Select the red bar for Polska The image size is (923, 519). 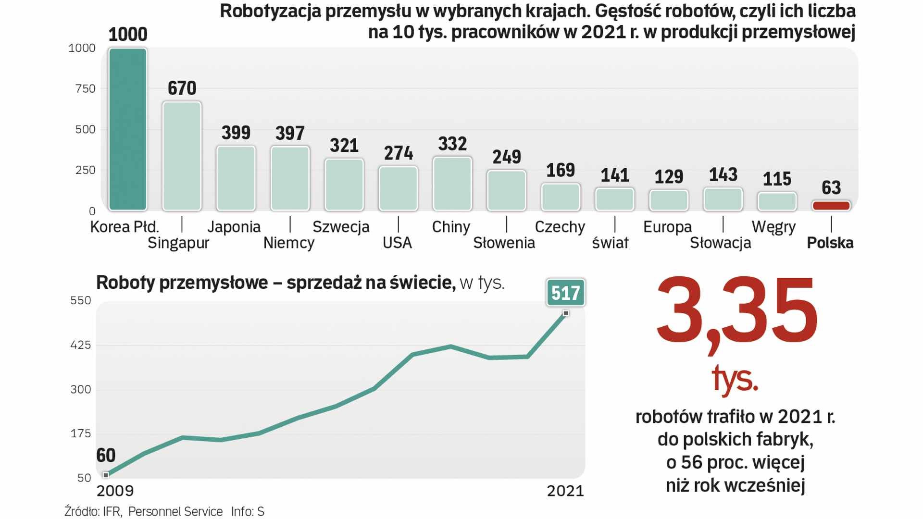831,206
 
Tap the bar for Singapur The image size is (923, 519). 182,156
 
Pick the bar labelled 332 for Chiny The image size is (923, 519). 452,184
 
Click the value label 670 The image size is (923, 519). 182,88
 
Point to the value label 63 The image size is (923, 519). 831,187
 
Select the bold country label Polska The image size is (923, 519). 830,243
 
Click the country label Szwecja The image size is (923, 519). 341,227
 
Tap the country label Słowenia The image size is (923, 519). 504,243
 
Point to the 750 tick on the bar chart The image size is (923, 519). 86,89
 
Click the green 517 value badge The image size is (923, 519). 565,293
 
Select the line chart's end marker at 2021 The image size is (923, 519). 566,313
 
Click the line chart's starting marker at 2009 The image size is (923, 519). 106,475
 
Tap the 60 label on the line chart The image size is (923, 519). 106,455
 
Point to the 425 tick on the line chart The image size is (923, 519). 81,345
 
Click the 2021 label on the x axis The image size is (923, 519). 565,491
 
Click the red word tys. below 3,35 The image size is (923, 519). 735,379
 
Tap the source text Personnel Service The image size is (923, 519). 175,512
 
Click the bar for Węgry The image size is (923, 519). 777,201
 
